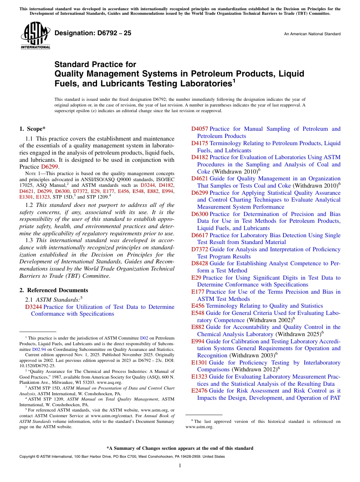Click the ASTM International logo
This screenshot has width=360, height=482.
coord(35,36)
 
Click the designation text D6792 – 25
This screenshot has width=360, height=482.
coord(93,33)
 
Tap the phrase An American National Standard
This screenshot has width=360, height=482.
coord(312,34)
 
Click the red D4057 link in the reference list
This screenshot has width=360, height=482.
coord(200,129)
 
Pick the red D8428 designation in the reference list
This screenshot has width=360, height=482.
coord(200,263)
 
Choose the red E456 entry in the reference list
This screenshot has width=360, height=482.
coord(198,306)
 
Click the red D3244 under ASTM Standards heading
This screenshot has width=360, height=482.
coord(33,307)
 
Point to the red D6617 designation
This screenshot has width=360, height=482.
coord(200,235)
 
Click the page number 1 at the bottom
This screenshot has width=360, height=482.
coord(180,466)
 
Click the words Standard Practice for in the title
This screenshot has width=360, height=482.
coord(95,64)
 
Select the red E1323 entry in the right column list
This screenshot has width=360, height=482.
coord(199,377)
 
